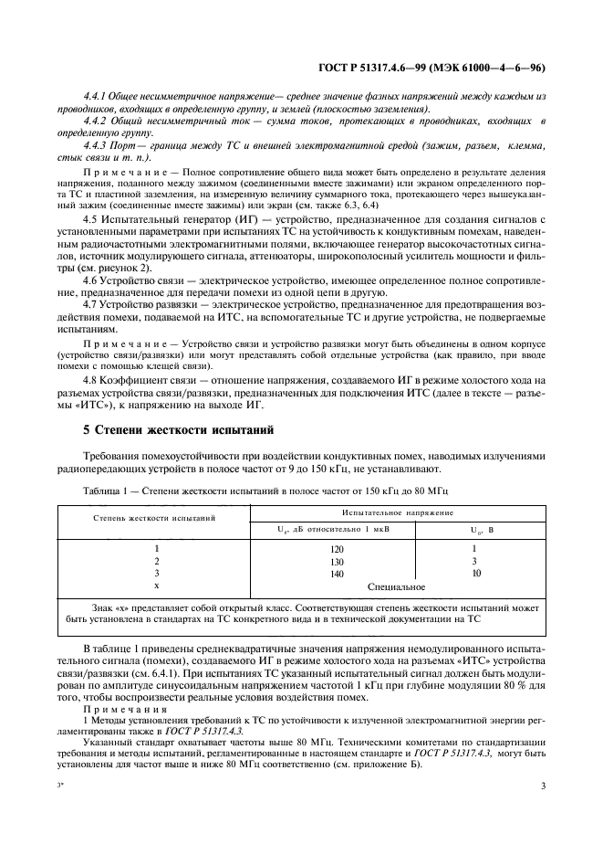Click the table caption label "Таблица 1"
[105, 491]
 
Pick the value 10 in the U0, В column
[474, 573]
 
